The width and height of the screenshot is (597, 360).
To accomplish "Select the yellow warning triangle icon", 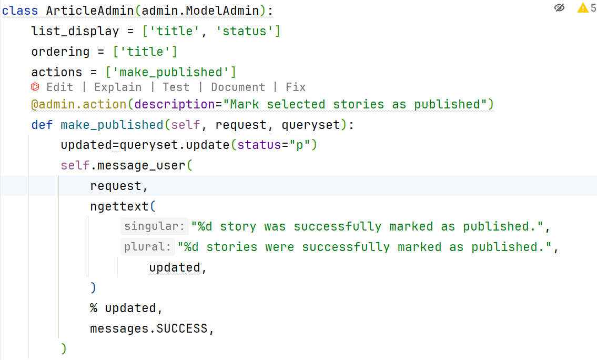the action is [583, 8].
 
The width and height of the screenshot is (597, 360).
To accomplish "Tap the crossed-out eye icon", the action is [560, 8].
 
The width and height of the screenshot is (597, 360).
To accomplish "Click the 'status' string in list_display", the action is [244, 31].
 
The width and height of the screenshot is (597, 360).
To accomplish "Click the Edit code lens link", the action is [59, 87].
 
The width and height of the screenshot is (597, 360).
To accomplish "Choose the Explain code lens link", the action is [118, 87].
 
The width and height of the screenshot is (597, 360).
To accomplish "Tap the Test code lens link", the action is [176, 87].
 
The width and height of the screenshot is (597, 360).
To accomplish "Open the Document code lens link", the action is [238, 87].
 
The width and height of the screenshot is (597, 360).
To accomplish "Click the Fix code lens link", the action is [296, 87].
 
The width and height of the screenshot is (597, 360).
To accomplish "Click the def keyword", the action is [42, 125].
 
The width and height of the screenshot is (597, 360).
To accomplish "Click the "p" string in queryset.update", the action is [300, 145].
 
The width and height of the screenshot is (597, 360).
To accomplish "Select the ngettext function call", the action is [119, 206].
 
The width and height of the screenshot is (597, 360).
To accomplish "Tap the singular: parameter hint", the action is [154, 227].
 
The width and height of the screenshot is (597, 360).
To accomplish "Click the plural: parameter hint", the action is [147, 247].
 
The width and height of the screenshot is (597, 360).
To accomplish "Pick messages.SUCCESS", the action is [149, 329].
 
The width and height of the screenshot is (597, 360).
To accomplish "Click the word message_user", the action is [141, 165].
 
